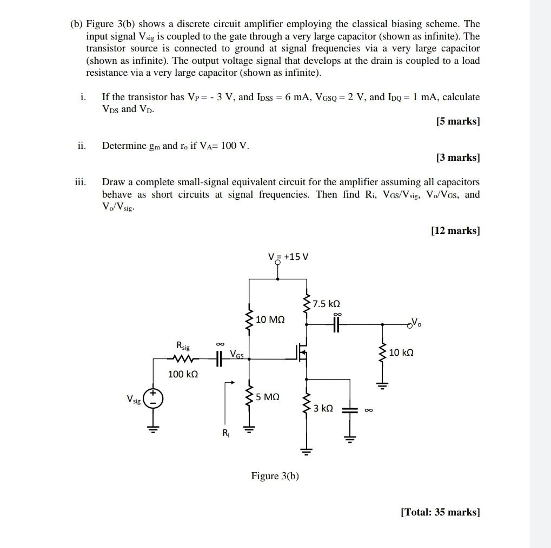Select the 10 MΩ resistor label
pyautogui.click(x=270, y=320)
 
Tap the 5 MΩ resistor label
pyautogui.click(x=268, y=397)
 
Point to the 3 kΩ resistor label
pyautogui.click(x=323, y=408)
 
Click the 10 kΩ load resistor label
pyautogui.click(x=401, y=353)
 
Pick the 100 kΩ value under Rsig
pyautogui.click(x=183, y=374)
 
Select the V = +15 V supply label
pyautogui.click(x=288, y=256)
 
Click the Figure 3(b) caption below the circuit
pyautogui.click(x=275, y=476)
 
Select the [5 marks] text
pyautogui.click(x=457, y=121)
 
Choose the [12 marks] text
pyautogui.click(x=455, y=231)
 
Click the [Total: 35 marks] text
pyautogui.click(x=440, y=512)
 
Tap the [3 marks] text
pyautogui.click(x=457, y=158)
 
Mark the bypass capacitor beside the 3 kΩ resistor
pyautogui.click(x=350, y=410)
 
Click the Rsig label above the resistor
pyautogui.click(x=183, y=345)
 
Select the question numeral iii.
pyautogui.click(x=81, y=182)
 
